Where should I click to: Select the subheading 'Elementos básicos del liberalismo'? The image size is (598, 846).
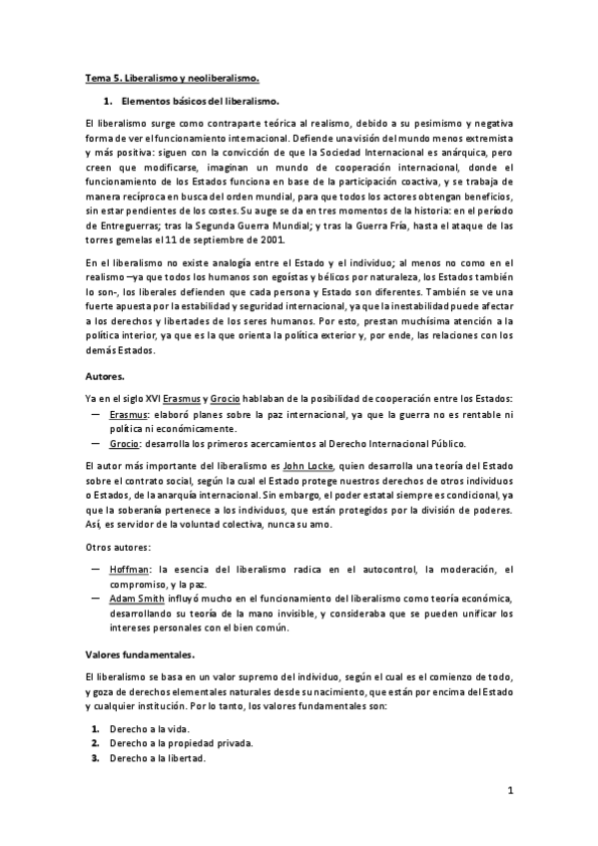point(200,102)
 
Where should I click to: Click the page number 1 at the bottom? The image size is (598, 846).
point(508,791)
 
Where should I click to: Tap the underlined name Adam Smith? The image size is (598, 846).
point(142,599)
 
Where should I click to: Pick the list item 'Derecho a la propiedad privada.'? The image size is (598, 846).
point(186,744)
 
